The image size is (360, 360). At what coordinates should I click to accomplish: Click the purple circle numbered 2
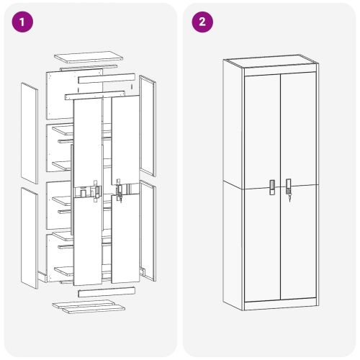click(x=202, y=22)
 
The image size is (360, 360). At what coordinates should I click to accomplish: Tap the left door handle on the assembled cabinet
click(x=272, y=186)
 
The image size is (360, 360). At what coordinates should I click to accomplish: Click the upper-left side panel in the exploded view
click(x=30, y=132)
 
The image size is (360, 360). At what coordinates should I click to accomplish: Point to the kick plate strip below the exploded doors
click(x=107, y=292)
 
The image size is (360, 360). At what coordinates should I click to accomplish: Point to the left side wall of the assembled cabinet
click(x=233, y=187)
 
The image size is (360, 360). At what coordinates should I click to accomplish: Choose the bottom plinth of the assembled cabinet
click(x=280, y=304)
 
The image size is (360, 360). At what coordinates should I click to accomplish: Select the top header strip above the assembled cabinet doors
click(x=280, y=68)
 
